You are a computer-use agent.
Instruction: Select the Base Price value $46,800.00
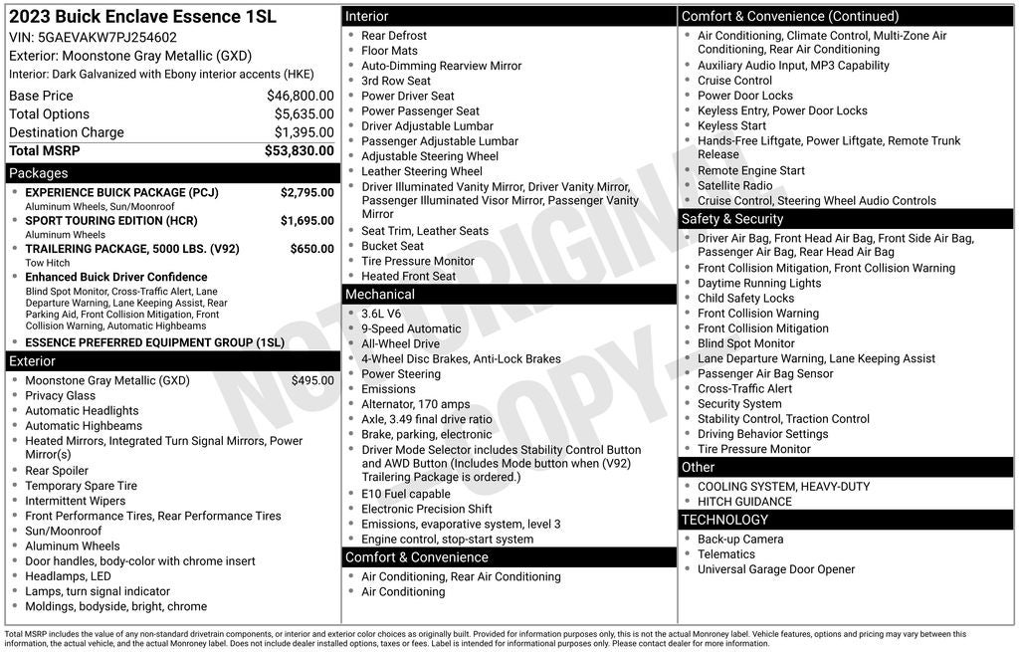coord(300,96)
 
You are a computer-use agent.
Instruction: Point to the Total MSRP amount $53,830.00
coord(299,150)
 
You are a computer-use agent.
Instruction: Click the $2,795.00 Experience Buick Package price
coord(306,192)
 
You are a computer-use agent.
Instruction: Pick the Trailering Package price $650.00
coord(311,249)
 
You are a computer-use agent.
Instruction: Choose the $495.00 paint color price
coord(312,380)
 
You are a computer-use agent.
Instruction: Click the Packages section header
coord(39,173)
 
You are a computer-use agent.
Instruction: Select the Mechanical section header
coord(380,295)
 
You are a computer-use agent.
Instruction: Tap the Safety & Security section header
coord(732,219)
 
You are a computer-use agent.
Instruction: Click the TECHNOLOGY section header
coord(725,520)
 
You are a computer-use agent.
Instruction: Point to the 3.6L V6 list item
coord(381,314)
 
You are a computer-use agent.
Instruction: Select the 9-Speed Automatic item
coord(411,328)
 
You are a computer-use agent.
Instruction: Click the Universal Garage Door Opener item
coord(776,569)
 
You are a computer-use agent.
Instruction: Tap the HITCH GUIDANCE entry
coord(744,502)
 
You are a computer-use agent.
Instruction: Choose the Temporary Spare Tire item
coord(82,486)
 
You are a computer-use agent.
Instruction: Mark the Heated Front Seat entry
coord(408,276)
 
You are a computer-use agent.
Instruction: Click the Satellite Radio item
coord(735,185)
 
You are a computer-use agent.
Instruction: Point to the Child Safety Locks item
coord(745,298)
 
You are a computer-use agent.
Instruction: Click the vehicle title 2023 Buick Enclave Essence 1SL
coord(142,17)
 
